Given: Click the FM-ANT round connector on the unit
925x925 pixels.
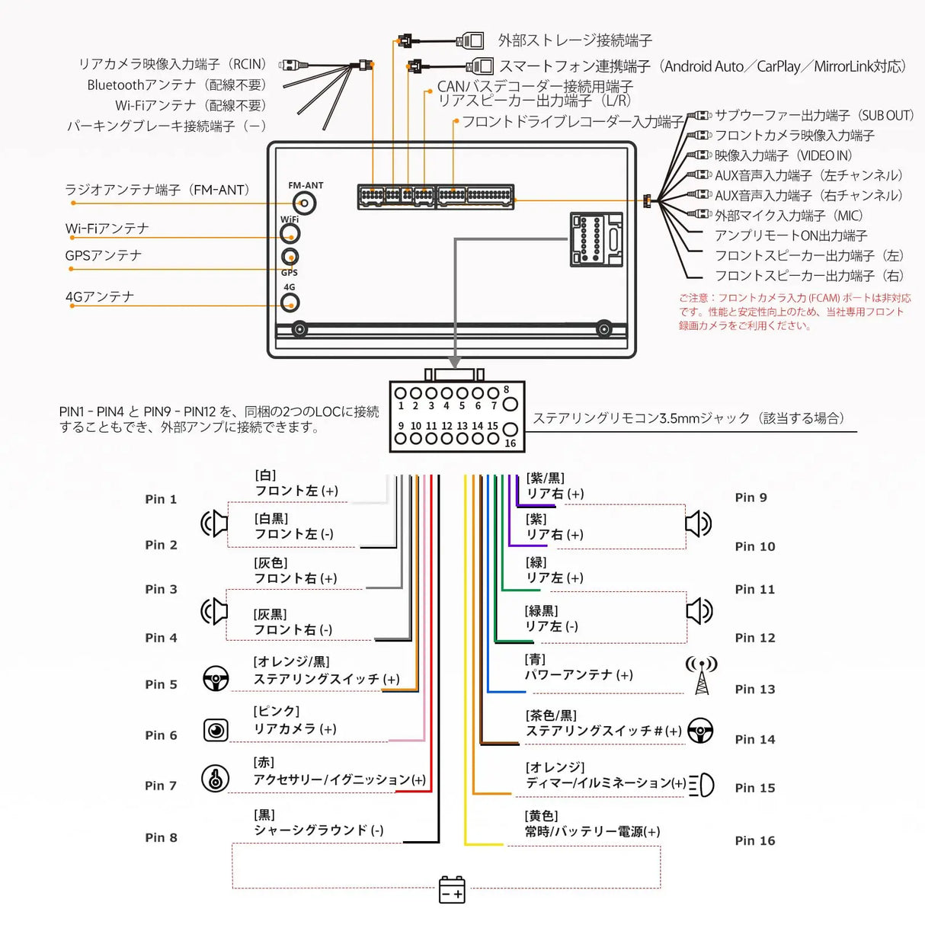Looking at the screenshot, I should coord(304,203).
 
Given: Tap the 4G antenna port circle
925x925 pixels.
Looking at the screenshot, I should coord(290,303).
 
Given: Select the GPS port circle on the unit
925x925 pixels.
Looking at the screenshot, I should coord(290,257).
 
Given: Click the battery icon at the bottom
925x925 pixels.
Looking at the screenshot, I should coord(452,889).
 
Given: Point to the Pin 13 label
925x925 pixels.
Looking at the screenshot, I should coord(754,690).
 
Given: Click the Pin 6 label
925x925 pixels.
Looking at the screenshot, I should coord(161,735).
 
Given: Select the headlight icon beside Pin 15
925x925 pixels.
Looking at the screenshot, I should coord(702,785).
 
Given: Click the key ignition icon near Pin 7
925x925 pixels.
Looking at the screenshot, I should coord(216,779).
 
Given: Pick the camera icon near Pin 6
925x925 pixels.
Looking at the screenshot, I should coord(216,730).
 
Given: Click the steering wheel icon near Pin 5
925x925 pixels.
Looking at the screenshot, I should coord(216,678).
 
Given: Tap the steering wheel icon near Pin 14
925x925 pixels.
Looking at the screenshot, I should coord(700,731).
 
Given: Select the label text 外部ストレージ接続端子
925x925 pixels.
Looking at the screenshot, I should coord(575,40).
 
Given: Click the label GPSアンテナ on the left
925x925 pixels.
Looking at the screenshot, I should coord(104,255).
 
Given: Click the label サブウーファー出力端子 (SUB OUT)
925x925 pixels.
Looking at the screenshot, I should coord(813,116).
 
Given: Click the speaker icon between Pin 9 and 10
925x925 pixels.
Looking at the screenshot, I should coord(698,524).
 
